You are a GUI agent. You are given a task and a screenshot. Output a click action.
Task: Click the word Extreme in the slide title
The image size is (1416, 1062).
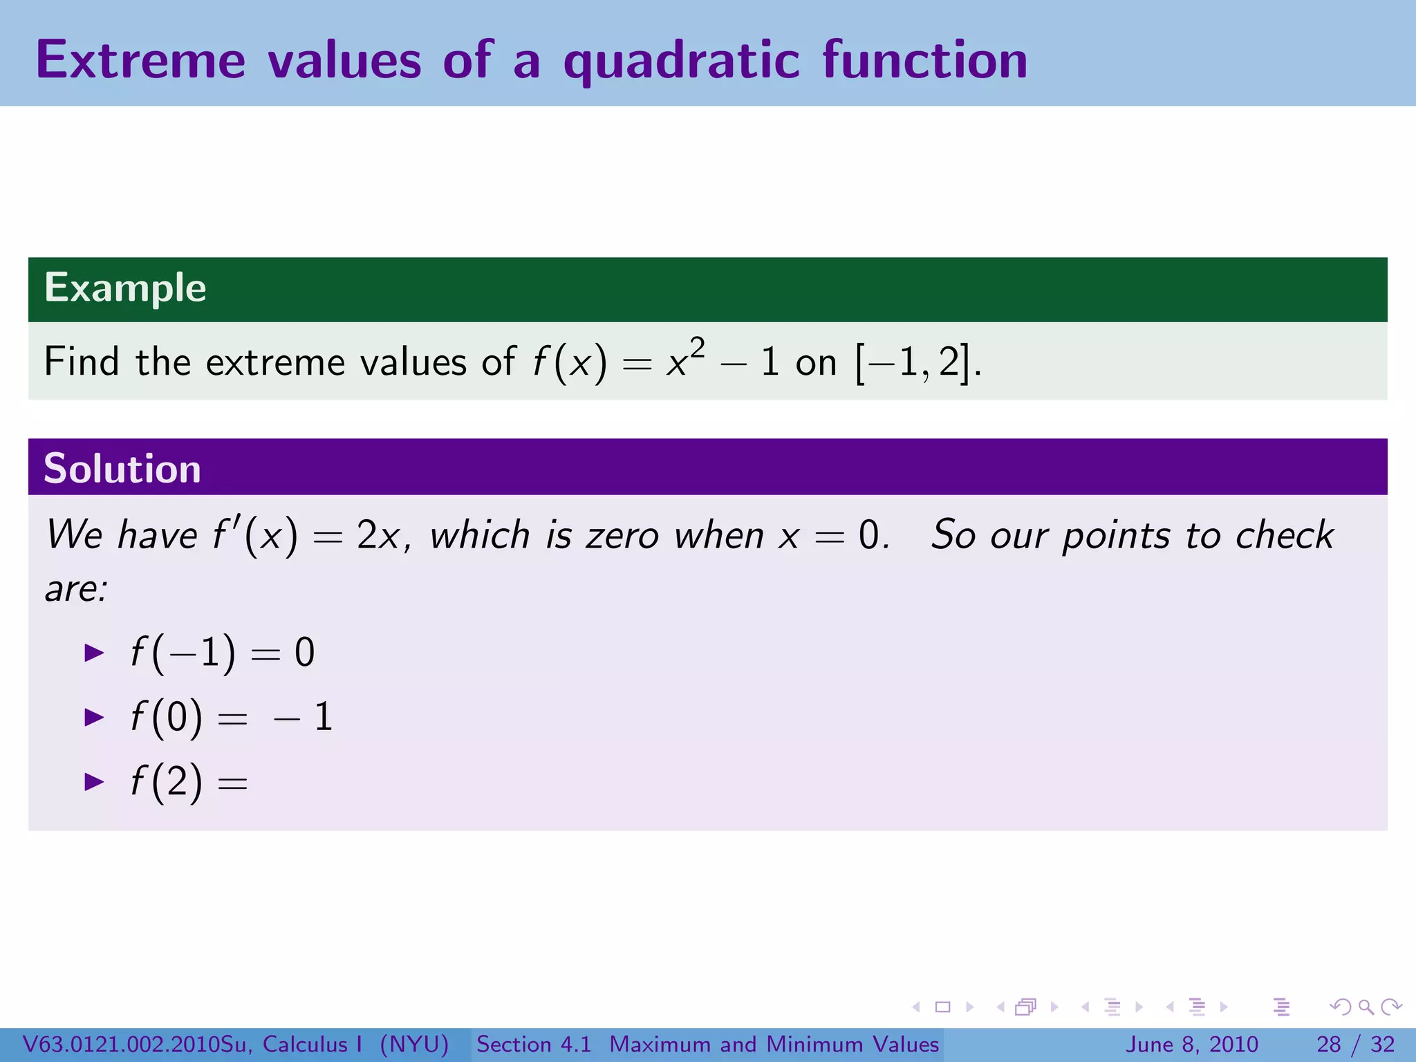tap(140, 61)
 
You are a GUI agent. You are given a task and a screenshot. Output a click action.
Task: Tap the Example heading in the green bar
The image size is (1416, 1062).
tap(125, 288)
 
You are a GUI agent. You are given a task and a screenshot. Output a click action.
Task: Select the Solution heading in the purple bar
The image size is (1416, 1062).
tap(122, 469)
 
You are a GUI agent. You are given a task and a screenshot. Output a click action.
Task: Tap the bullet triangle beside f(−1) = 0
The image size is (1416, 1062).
tap(93, 653)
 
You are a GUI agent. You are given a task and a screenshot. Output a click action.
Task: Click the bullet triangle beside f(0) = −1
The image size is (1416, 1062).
tap(93, 717)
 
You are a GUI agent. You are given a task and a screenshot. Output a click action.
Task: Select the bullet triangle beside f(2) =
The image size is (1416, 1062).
tap(93, 782)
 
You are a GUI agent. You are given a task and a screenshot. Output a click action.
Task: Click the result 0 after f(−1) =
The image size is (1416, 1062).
tap(304, 653)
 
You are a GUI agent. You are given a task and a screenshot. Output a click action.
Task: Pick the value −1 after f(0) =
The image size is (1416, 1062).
tap(304, 717)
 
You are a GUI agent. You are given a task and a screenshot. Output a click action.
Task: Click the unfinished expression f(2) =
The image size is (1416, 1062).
tap(188, 782)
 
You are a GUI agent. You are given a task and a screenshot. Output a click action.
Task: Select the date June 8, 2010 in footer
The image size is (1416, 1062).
tap(1192, 1044)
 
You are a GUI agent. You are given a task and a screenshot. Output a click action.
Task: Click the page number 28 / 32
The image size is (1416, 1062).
tap(1355, 1044)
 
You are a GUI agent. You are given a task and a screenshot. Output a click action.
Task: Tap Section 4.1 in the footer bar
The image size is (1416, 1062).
tap(534, 1044)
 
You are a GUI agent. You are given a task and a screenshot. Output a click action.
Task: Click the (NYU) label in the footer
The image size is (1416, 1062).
tap(414, 1044)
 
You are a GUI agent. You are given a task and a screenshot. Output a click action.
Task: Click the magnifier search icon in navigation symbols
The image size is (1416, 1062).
tap(1366, 1007)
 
